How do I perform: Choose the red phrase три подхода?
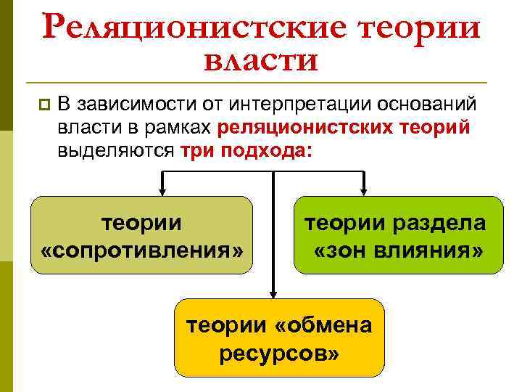247,150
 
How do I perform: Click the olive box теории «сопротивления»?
142,235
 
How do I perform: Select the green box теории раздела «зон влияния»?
398,235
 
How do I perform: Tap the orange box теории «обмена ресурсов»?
279,338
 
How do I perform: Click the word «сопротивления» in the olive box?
142,250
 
